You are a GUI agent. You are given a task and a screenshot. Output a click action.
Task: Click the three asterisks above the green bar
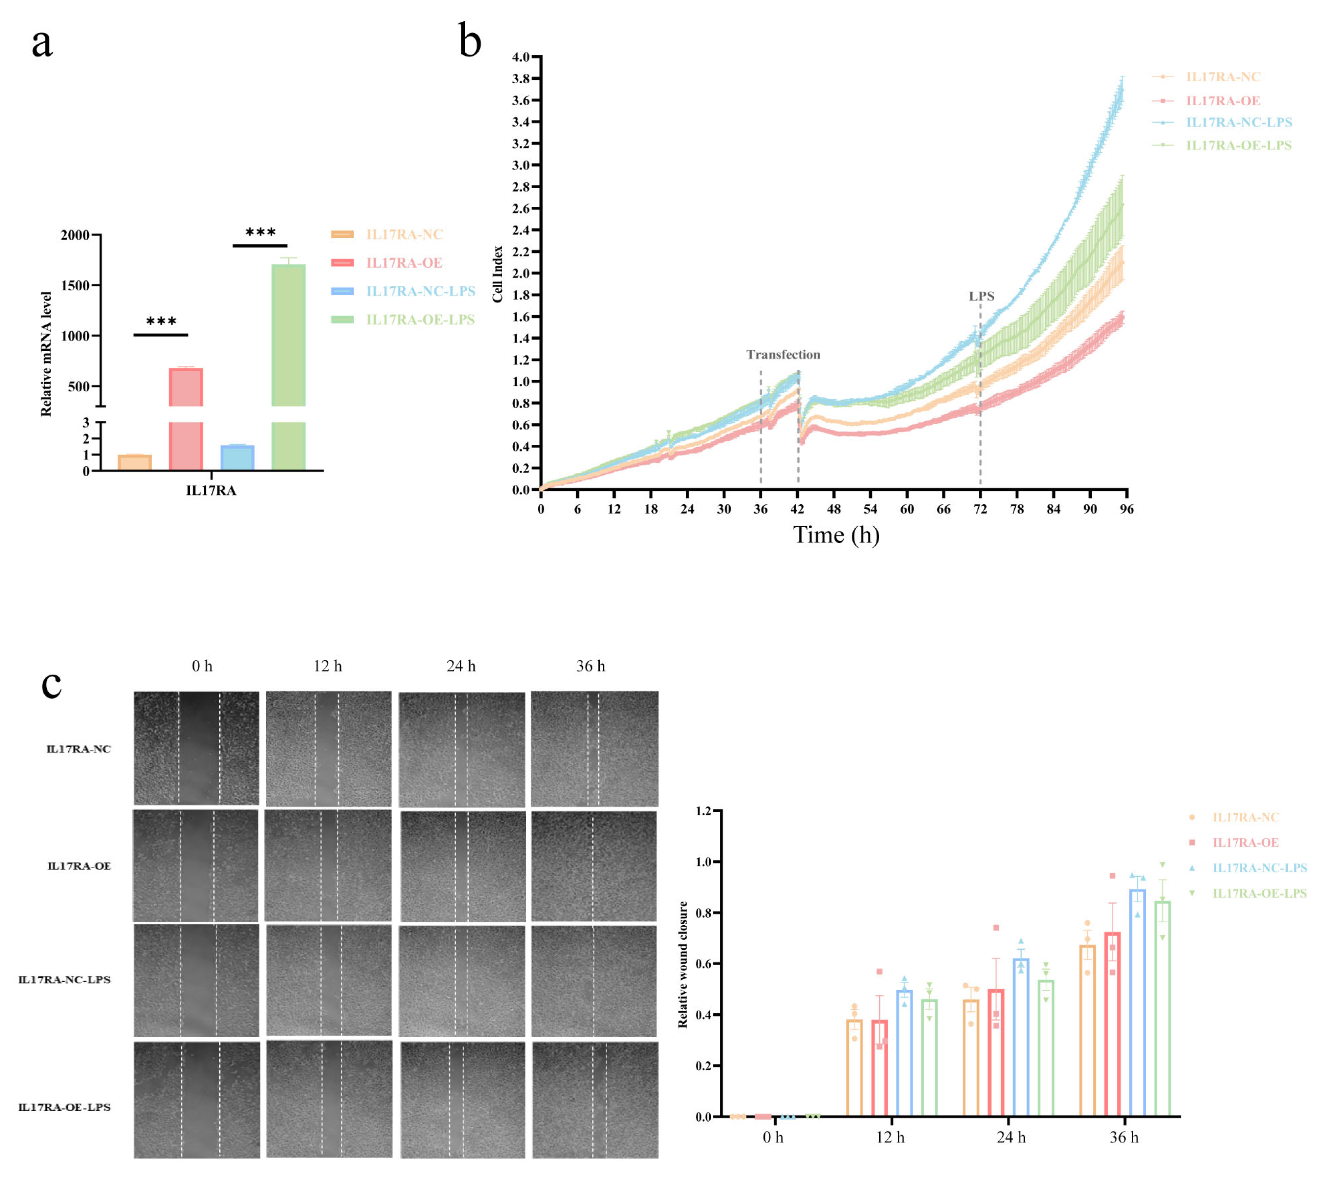pos(261,233)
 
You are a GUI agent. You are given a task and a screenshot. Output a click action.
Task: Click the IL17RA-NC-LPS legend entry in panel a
pos(420,291)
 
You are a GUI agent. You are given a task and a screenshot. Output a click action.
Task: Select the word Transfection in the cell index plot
pos(783,354)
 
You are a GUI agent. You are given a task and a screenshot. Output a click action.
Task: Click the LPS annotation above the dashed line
pos(981,296)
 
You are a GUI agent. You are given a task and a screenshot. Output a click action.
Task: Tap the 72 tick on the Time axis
pos(980,509)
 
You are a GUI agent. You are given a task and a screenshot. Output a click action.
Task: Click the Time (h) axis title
pos(836,535)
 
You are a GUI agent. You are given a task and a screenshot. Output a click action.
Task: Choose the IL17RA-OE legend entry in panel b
pos(1222,101)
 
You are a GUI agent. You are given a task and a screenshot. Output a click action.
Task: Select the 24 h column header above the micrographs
pos(461,666)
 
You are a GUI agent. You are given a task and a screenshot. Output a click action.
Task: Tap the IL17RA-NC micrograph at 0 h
pos(196,748)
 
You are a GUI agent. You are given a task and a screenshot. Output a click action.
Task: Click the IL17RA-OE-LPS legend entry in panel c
pos(1259,893)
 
